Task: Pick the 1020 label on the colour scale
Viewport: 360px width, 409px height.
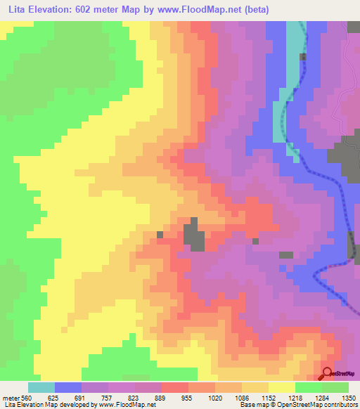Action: coord(215,398)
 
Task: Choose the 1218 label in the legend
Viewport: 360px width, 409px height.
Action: coord(295,398)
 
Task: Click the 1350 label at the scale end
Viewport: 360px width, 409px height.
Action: coord(348,398)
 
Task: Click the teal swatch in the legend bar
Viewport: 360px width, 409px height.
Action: coord(41,387)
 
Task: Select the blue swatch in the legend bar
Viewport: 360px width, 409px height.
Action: coord(68,387)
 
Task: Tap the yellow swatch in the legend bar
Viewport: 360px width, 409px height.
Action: coord(282,387)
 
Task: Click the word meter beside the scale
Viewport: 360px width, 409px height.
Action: coord(10,398)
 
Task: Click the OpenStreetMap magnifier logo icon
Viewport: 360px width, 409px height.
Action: coord(328,374)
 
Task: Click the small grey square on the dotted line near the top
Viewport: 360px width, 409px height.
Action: coord(304,57)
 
